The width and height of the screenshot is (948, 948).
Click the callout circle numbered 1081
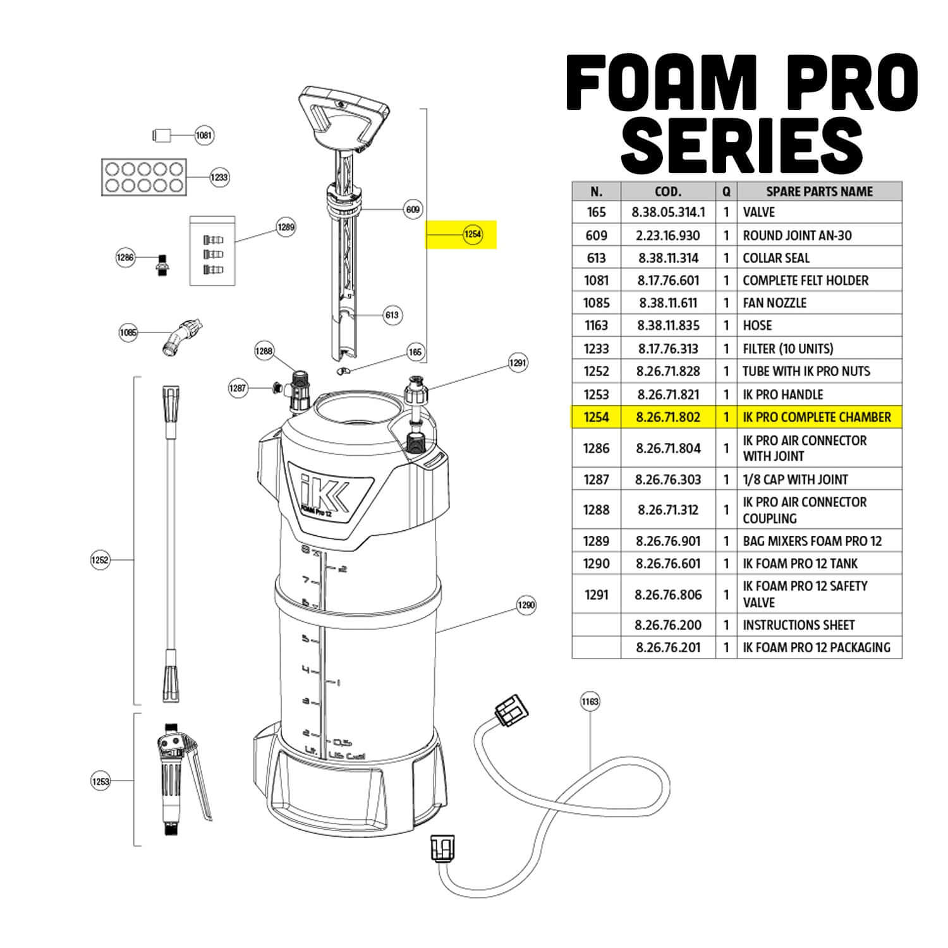pos(204,135)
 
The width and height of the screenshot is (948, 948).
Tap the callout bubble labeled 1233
pos(219,177)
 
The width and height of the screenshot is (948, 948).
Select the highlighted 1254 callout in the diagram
pos(473,234)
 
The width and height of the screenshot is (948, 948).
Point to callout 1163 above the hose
pos(590,702)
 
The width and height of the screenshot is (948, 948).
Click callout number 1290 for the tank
pos(526,605)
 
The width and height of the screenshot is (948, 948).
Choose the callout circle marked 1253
pos(100,781)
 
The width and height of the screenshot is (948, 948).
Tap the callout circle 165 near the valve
pos(415,352)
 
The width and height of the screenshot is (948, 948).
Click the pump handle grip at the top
pos(343,113)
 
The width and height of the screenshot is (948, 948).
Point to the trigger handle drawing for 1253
pos(181,778)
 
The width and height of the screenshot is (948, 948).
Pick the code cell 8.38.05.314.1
pos(668,212)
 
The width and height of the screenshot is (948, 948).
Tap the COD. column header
pos(668,191)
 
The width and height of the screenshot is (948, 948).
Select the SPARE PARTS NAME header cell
pos(819,191)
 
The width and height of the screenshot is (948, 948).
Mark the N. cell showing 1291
pos(596,594)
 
